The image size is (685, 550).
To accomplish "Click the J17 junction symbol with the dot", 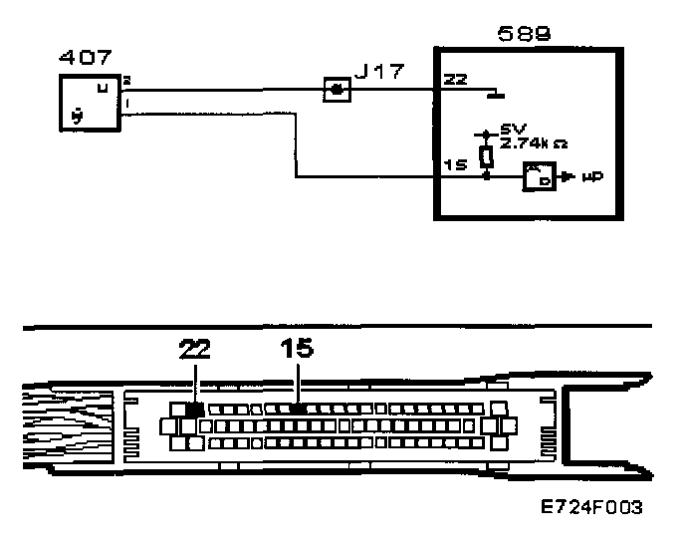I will pos(338,90).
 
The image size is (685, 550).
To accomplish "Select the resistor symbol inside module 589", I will pos(486,156).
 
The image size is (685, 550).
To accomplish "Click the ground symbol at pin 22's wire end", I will pos(494,97).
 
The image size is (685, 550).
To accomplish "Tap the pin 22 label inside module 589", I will pos(454,81).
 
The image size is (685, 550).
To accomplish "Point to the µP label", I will pos(593,178).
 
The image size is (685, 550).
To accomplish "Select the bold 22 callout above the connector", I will pos(195,349).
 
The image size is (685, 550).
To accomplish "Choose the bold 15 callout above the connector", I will pos(296,348).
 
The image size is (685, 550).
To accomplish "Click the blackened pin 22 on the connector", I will pos(195,409).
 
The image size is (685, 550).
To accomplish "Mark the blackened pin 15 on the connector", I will pos(297,409).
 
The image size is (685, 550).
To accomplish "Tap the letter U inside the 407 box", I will pos(103,88).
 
